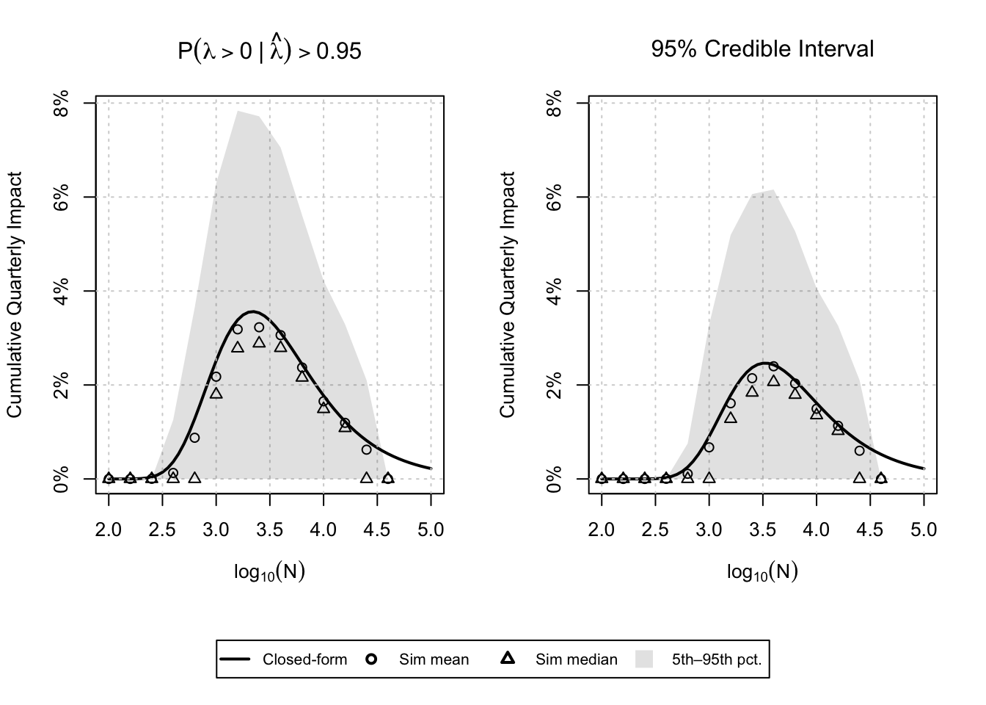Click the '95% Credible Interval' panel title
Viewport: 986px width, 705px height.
pyautogui.click(x=762, y=49)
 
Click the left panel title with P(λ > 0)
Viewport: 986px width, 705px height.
pyautogui.click(x=269, y=50)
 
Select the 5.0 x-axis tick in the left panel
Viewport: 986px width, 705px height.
pyautogui.click(x=431, y=529)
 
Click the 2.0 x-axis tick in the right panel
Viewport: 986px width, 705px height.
pyautogui.click(x=602, y=529)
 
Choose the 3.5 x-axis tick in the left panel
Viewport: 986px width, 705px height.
pyautogui.click(x=269, y=529)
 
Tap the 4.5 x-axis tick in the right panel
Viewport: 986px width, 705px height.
pyautogui.click(x=870, y=529)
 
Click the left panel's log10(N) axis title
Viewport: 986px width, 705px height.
pyautogui.click(x=269, y=572)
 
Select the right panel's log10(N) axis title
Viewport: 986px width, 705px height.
pyautogui.click(x=762, y=572)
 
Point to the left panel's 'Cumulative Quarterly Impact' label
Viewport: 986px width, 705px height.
pyautogui.click(x=15, y=294)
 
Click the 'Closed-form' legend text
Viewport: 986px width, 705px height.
pyautogui.click(x=304, y=659)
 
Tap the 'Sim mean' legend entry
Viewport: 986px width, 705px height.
pyautogui.click(x=434, y=659)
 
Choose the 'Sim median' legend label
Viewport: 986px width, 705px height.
pyautogui.click(x=576, y=659)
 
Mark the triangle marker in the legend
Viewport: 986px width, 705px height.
pyautogui.click(x=507, y=659)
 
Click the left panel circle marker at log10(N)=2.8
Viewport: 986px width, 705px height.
pyautogui.click(x=194, y=438)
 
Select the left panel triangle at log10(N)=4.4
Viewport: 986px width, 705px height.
pyautogui.click(x=366, y=478)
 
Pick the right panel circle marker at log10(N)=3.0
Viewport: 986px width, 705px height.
pyautogui.click(x=709, y=447)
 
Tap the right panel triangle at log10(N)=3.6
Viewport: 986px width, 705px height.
pyautogui.click(x=773, y=380)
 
